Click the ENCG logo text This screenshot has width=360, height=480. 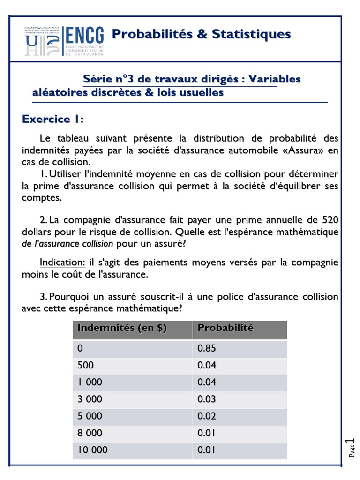85,36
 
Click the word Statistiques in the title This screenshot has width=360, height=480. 251,34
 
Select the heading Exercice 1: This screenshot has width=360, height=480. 52,119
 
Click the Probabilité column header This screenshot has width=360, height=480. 225,328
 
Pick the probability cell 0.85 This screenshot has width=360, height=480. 207,349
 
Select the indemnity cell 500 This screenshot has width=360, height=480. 86,365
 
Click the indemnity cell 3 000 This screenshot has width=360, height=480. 90,399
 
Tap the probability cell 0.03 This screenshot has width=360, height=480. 207,399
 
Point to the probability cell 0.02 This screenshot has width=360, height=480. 207,416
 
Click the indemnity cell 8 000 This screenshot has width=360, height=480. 90,433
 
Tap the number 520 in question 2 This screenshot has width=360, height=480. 328,220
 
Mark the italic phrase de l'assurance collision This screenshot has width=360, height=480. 67,244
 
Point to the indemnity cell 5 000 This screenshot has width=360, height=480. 90,416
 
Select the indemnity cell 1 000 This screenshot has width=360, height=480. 90,382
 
